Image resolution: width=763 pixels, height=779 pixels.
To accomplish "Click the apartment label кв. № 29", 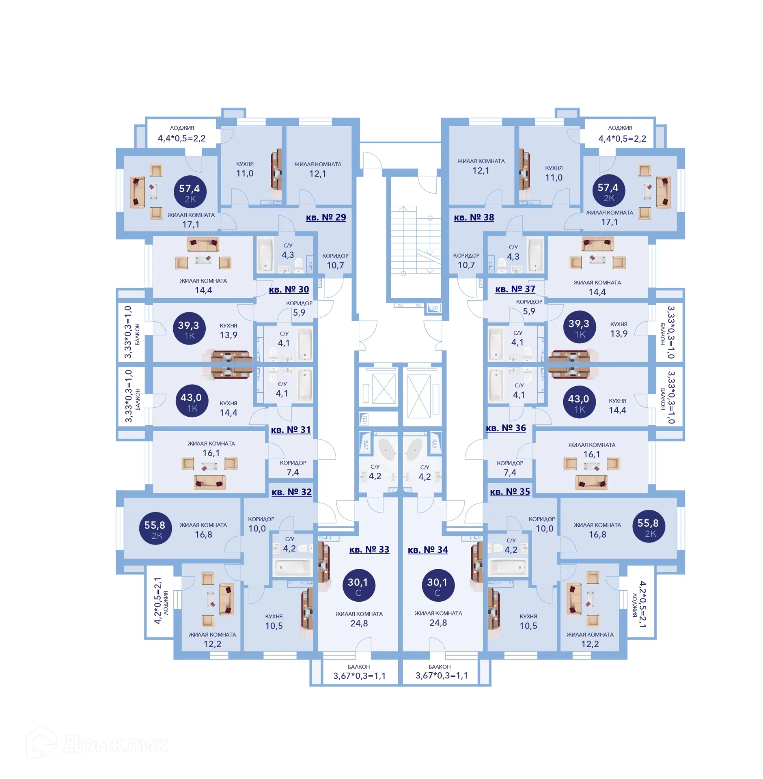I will pyautogui.click(x=325, y=217).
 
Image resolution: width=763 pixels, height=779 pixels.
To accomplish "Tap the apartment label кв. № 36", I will pyautogui.click(x=505, y=428).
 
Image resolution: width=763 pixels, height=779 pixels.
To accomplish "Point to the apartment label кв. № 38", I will pyautogui.click(x=474, y=217).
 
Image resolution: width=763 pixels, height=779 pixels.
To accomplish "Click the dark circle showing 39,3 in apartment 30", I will pyautogui.click(x=189, y=328).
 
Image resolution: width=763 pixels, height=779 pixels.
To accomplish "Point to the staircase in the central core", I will pyautogui.click(x=415, y=239).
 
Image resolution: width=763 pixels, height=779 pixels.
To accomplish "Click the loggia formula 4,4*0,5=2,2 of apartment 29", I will pyautogui.click(x=181, y=138).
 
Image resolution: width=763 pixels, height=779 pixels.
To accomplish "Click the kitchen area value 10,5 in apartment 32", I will pyautogui.click(x=274, y=626).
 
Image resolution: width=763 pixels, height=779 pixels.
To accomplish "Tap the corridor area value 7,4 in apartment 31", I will pyautogui.click(x=292, y=472).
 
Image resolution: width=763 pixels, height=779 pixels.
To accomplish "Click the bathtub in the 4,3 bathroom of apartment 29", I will pyautogui.click(x=265, y=254).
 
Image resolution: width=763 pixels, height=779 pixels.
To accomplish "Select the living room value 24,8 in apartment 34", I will pyautogui.click(x=438, y=622).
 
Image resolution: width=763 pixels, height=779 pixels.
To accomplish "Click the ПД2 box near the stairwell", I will pyautogui.click(x=434, y=308).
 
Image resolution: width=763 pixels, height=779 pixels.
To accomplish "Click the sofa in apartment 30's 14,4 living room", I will pyautogui.click(x=203, y=244).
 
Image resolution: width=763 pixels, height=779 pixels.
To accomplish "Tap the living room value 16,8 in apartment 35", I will pyautogui.click(x=597, y=534).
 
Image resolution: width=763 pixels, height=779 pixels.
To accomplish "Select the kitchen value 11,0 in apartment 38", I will pyautogui.click(x=553, y=177).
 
